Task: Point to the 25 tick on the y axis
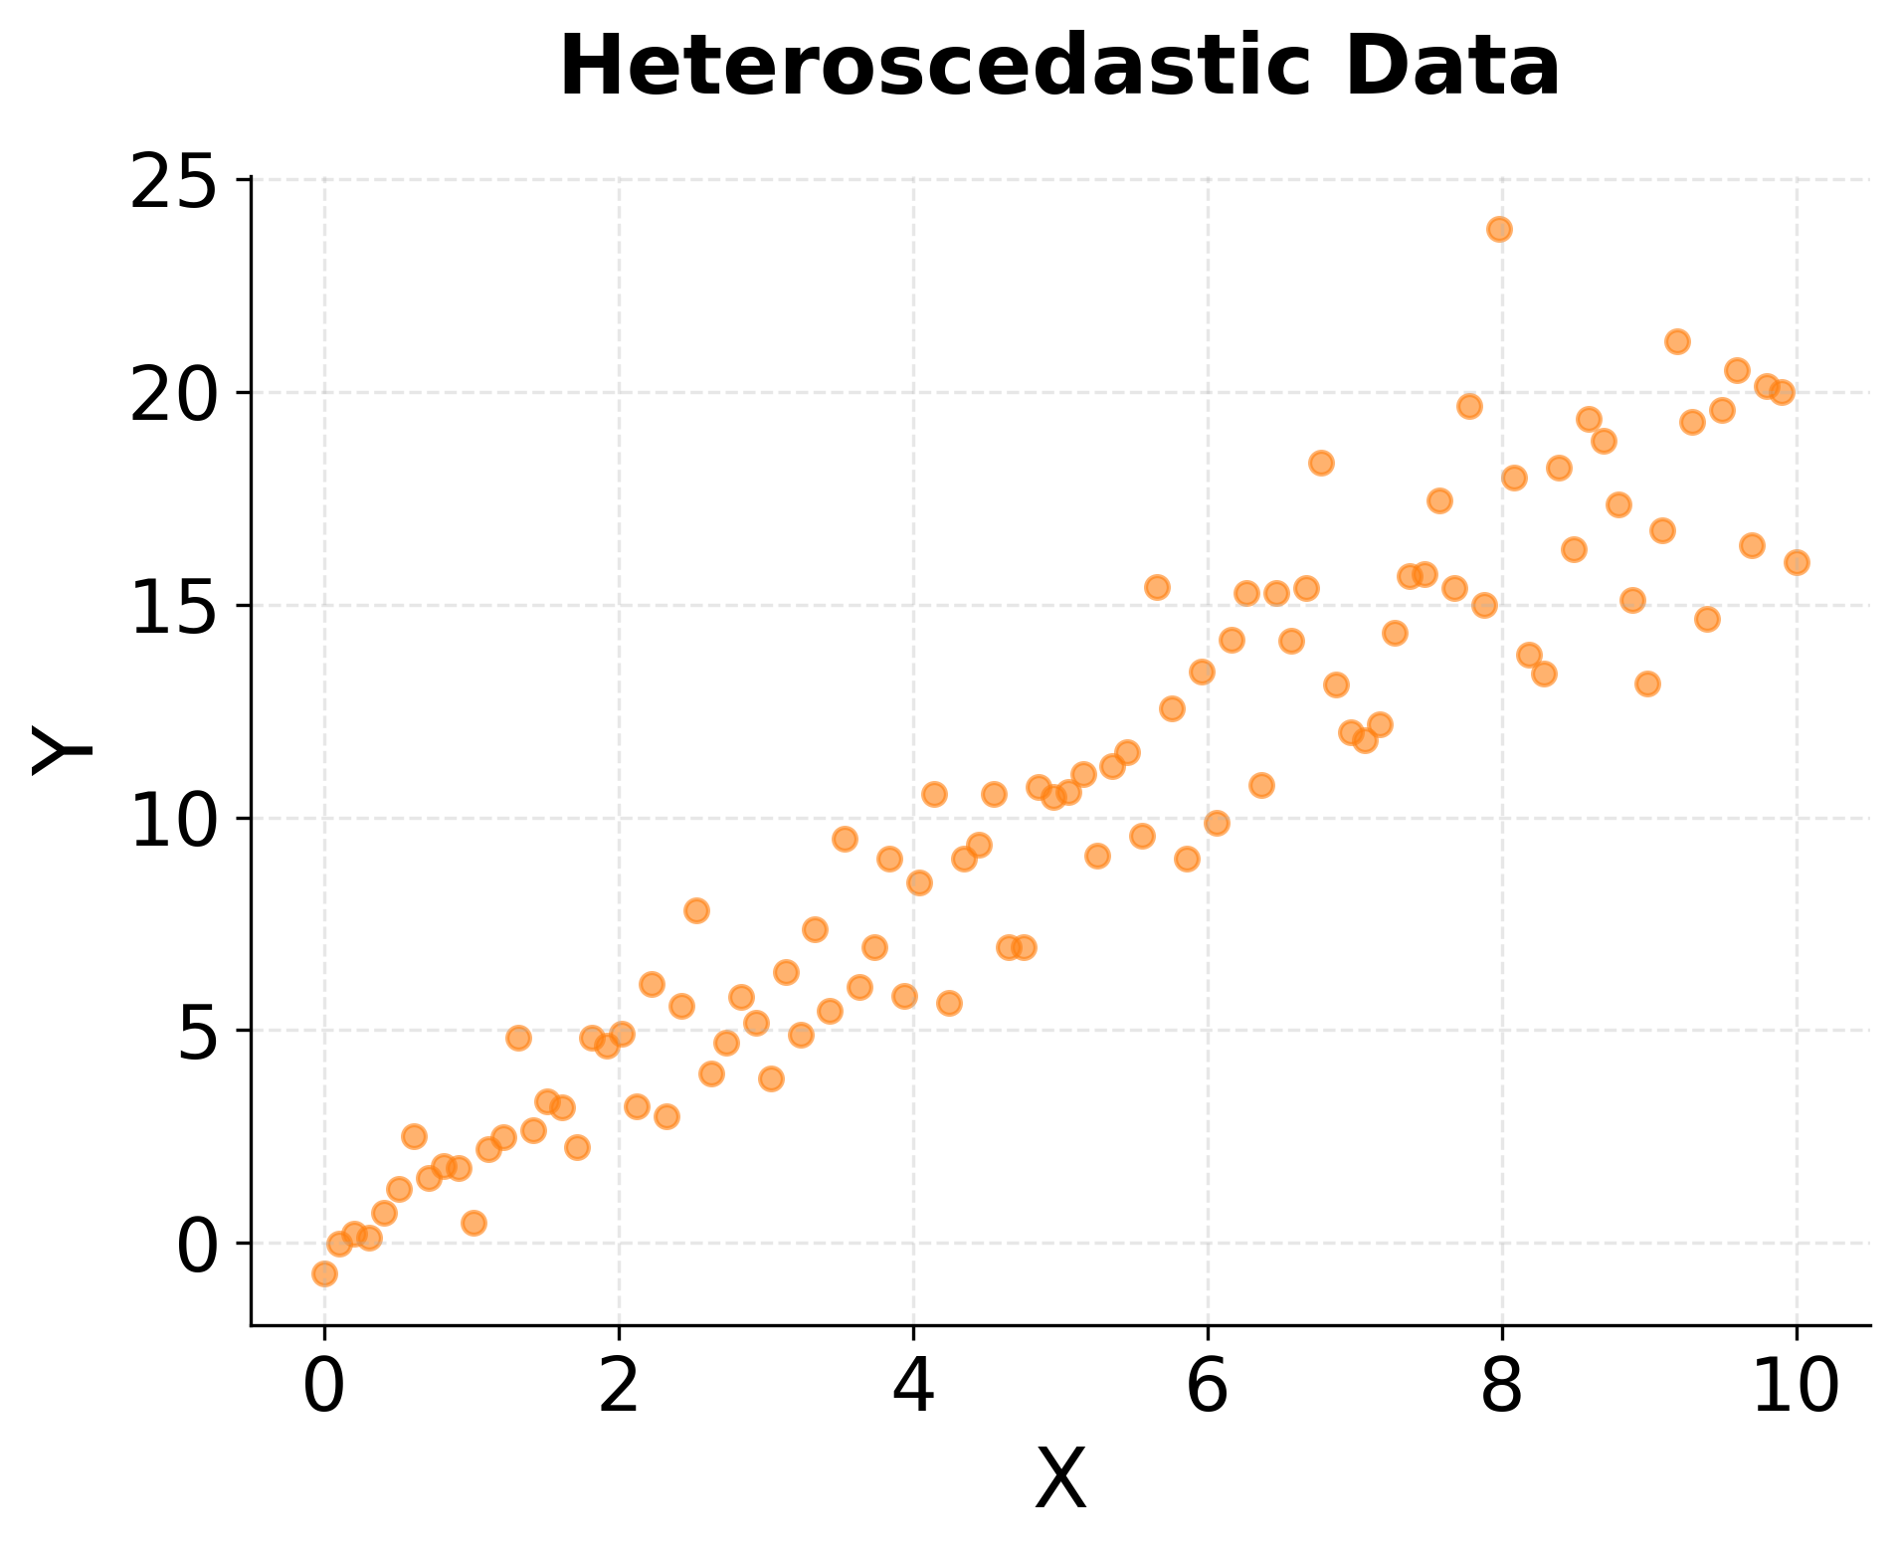(173, 185)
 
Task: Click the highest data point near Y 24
(1499, 229)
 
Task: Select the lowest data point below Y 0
(324, 1273)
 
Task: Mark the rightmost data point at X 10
(1797, 562)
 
